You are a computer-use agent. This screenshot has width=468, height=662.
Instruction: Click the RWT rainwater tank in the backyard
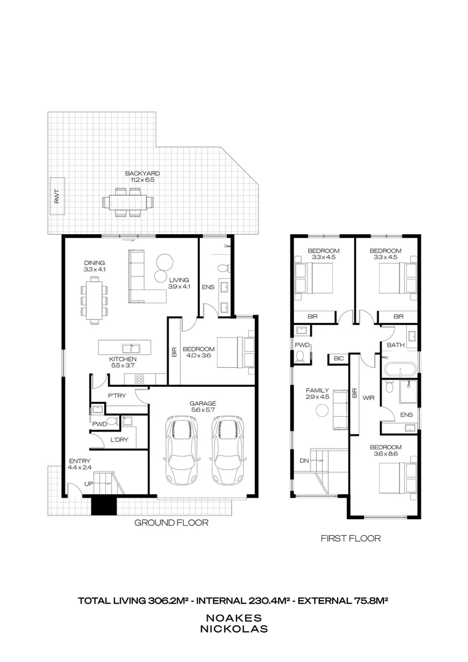coord(58,196)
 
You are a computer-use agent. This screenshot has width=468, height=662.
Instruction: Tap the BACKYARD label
coord(142,173)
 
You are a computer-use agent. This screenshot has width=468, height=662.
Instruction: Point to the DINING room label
coord(94,263)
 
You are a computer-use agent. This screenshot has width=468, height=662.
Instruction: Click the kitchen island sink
coord(131,348)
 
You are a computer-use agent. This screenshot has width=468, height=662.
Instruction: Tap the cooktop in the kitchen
coord(139,379)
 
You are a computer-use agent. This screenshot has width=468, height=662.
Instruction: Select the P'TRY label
coord(117,396)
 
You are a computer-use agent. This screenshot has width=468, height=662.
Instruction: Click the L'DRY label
coord(119,440)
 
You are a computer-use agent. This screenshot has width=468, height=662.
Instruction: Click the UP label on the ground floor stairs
coord(88,484)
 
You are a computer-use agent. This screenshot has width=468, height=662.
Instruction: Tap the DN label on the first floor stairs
coord(304,461)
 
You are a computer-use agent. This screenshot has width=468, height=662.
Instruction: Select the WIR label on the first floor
coord(368,398)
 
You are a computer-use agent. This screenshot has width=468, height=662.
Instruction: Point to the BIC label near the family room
coord(339,359)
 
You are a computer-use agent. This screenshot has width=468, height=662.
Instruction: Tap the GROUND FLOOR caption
coord(172,523)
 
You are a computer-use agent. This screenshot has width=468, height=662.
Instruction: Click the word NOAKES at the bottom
coord(234,618)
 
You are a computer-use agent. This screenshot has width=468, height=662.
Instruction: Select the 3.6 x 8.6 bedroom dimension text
coord(386,454)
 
